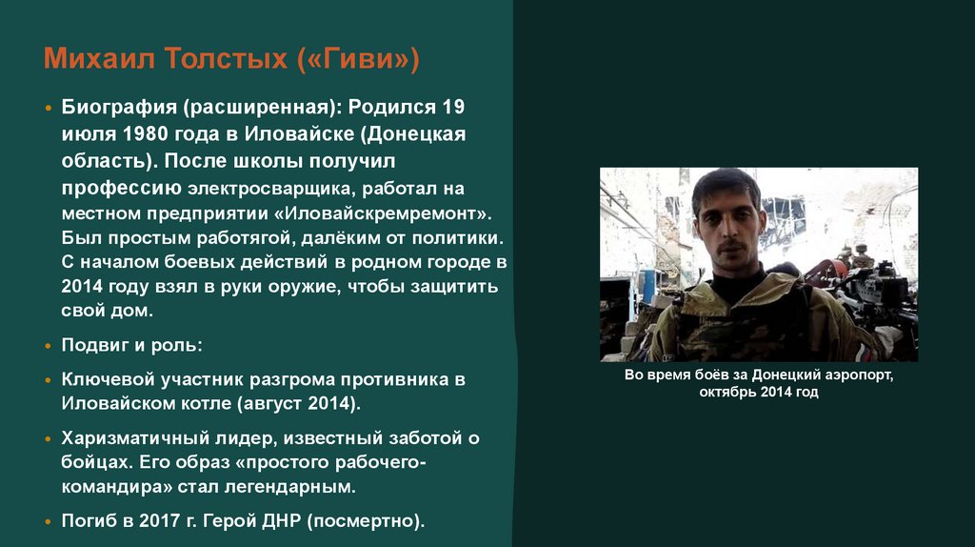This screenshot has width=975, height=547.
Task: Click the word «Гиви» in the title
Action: pyautogui.click(x=360, y=61)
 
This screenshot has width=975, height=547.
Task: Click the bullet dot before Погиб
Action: pyautogui.click(x=49, y=522)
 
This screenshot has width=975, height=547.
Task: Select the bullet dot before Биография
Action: pyautogui.click(x=49, y=108)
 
